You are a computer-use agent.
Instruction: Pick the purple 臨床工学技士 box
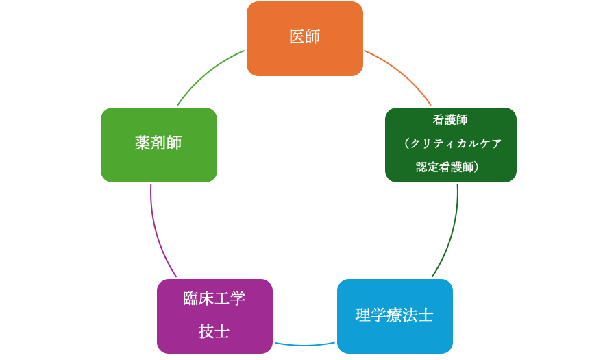pos(214,315)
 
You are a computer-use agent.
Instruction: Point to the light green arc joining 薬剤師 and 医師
pos(206,71)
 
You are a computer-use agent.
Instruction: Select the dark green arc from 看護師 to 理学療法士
pos(451,237)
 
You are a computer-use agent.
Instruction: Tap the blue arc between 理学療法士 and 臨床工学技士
pos(305,344)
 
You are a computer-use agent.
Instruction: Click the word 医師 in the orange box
pos(304,37)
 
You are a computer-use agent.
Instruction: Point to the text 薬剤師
pos(158,143)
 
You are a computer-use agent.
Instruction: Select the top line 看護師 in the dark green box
pos(450,119)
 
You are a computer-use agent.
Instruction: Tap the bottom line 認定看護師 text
pos(445,167)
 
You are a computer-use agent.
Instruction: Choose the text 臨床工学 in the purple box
pos(214,299)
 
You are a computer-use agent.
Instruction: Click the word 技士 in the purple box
pos(214,332)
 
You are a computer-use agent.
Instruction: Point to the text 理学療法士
pos(394,315)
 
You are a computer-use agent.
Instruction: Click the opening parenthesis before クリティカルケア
pos(406,143)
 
